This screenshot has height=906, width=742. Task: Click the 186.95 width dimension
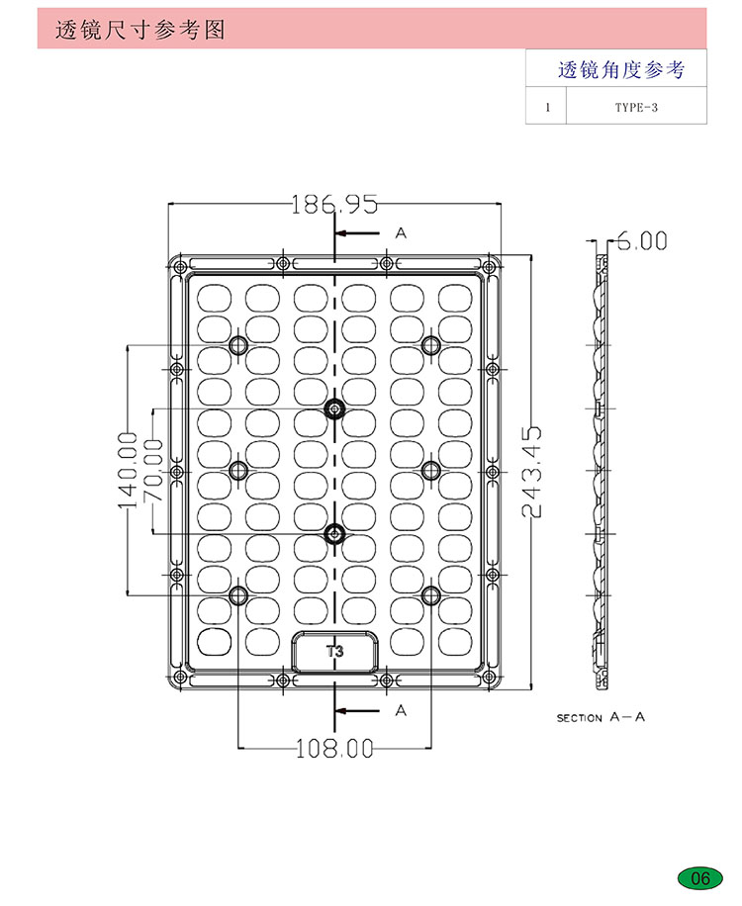point(334,204)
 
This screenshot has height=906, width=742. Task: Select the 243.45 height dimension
point(531,472)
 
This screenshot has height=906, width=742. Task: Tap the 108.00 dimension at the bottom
point(334,749)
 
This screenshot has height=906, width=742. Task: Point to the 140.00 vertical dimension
point(128,471)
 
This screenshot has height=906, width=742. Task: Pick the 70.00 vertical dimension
point(153,471)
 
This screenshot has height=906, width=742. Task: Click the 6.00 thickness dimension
point(642,241)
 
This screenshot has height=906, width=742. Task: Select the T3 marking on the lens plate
point(334,651)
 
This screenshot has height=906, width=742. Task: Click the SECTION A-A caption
point(601,717)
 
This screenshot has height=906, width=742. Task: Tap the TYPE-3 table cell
point(636,107)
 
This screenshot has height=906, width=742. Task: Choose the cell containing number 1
point(547,107)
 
